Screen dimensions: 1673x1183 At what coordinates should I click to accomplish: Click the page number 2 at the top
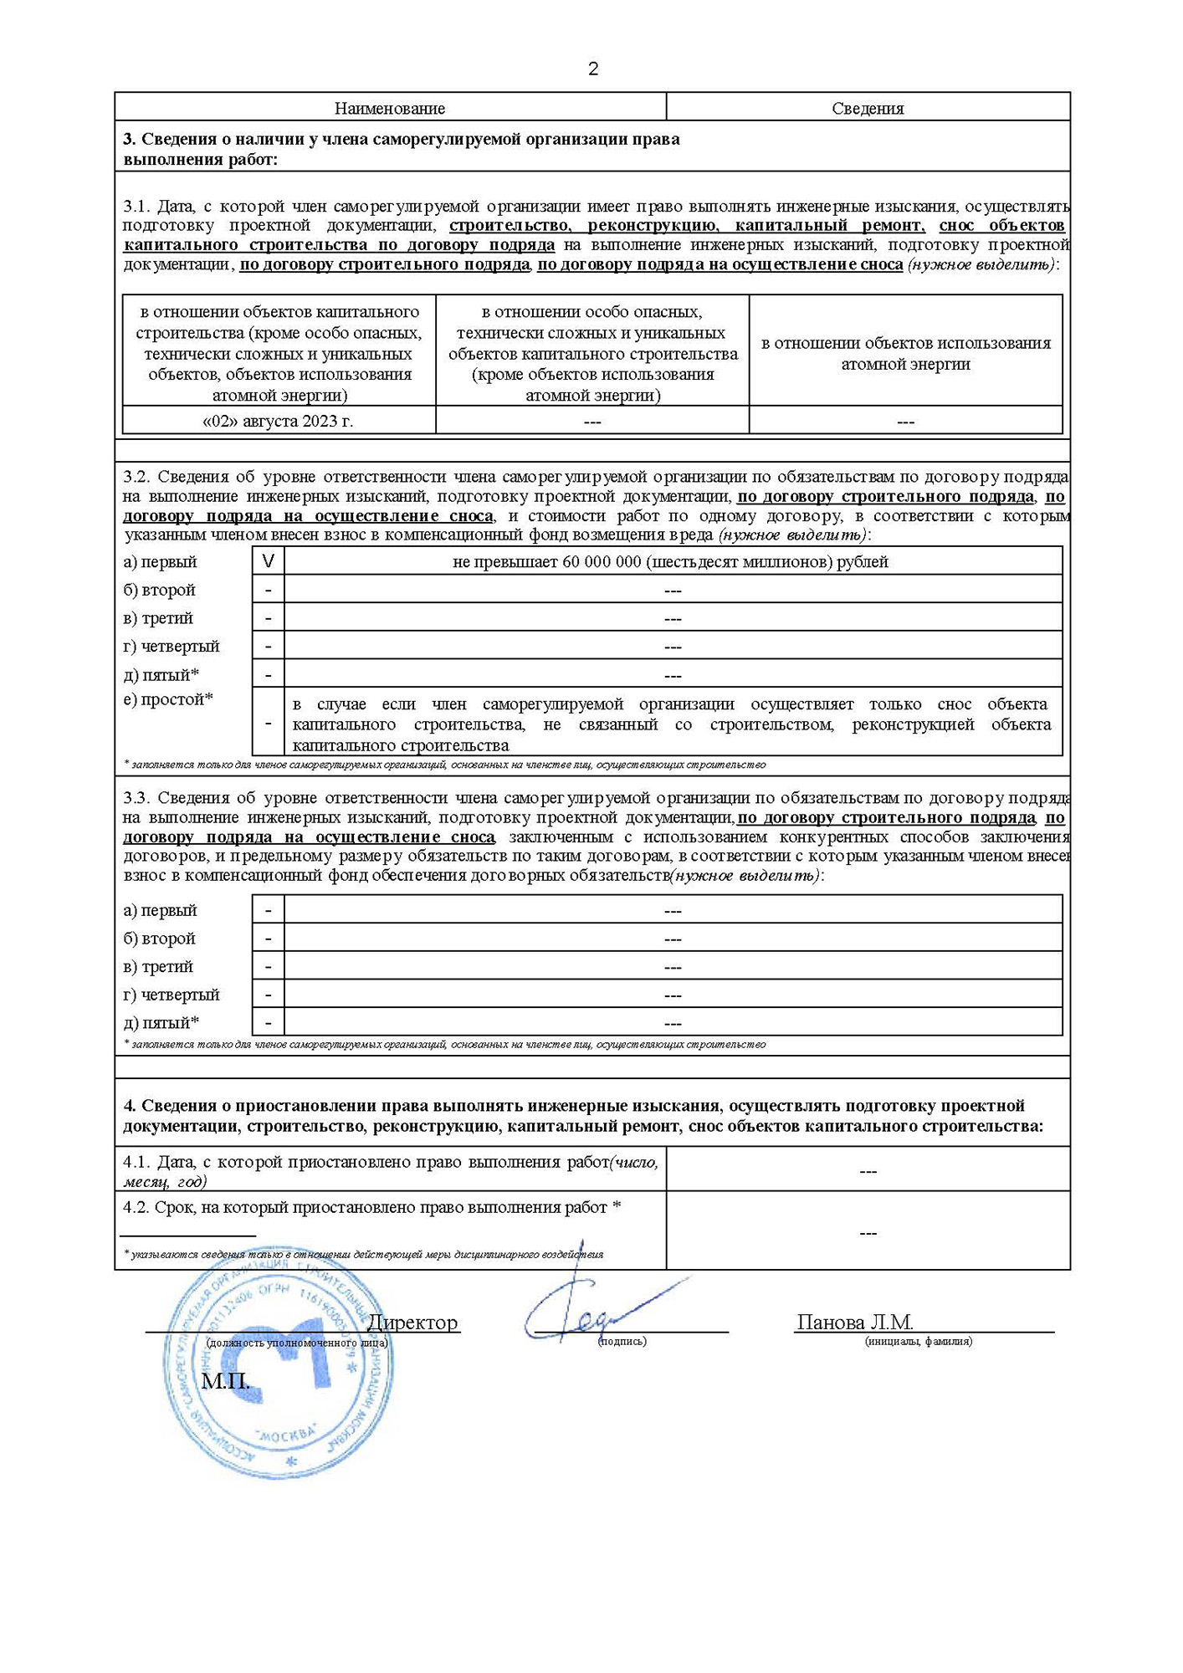click(593, 69)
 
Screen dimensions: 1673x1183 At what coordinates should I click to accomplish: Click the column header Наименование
click(389, 108)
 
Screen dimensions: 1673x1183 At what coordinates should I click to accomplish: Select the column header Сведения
click(868, 108)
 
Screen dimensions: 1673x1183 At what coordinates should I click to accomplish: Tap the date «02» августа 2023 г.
click(278, 421)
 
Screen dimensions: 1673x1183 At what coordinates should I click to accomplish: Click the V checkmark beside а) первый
click(268, 561)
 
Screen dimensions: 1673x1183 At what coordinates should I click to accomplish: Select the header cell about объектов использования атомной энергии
click(905, 353)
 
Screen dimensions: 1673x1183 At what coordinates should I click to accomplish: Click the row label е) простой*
click(168, 699)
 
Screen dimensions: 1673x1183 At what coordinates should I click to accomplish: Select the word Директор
click(412, 1323)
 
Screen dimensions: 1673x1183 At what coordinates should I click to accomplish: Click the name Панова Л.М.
click(854, 1323)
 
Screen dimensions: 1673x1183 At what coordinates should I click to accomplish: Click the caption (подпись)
click(622, 1341)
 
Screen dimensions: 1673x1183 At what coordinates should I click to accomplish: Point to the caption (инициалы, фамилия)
click(918, 1341)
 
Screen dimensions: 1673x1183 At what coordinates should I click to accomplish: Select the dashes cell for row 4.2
click(868, 1233)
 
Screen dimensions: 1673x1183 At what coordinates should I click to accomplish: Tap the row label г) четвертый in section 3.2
click(172, 646)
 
